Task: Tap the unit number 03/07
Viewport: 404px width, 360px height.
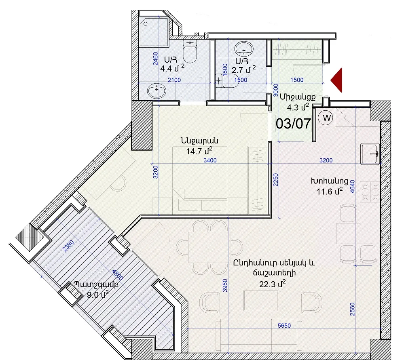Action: [294, 124]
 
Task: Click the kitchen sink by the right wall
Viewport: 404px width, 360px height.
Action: [370, 154]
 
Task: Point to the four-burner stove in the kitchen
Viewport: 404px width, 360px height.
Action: [370, 192]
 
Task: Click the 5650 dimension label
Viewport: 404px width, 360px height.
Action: [284, 326]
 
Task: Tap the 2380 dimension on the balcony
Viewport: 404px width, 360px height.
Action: [68, 246]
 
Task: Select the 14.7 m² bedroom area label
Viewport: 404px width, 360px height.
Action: [199, 151]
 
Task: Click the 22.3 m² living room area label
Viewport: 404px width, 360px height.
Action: [272, 284]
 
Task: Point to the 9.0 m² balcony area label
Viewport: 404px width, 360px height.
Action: [97, 294]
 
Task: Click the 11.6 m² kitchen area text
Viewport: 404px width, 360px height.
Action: [330, 192]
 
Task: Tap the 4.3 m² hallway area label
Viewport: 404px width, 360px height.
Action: [298, 107]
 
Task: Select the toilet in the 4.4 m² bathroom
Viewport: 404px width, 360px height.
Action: [190, 51]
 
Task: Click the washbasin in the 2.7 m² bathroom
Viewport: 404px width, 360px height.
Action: [244, 49]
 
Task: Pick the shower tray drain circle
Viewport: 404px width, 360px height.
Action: [145, 24]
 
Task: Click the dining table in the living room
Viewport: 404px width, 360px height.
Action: [209, 247]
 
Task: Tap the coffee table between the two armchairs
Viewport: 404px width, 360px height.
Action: [261, 301]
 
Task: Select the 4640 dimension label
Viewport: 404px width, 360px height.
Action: [352, 186]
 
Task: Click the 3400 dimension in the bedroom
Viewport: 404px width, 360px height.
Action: [210, 160]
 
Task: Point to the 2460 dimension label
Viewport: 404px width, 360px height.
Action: [155, 59]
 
